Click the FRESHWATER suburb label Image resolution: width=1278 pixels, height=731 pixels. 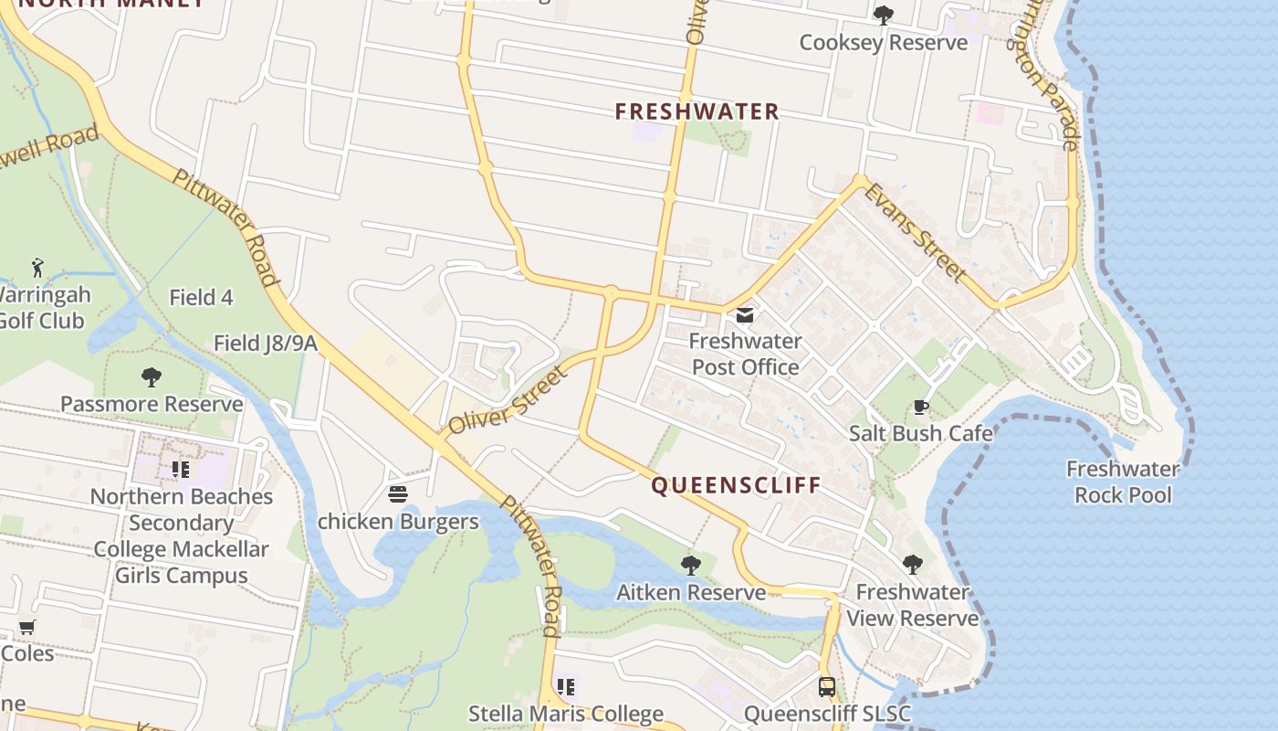point(697,111)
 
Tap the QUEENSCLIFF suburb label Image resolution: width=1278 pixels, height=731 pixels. point(736,484)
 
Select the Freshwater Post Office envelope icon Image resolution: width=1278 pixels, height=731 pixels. point(745,315)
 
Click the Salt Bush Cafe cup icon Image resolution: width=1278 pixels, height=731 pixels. point(921,407)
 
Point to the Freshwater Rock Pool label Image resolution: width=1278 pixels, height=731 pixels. point(1123,482)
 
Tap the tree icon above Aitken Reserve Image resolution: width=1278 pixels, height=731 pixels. point(691,565)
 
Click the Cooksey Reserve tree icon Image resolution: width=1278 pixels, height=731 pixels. point(883,15)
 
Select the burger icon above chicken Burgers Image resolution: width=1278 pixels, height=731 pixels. point(398,494)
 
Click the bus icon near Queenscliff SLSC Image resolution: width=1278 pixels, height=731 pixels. point(827,687)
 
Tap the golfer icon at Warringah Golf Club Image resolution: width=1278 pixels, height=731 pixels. point(37,268)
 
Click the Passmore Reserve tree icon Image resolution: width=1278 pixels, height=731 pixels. point(152,376)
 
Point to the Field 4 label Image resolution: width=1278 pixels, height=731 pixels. point(201,297)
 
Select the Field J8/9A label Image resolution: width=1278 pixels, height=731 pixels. point(265,343)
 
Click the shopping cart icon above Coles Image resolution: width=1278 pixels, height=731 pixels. point(26,628)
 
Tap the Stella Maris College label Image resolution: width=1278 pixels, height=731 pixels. point(565,713)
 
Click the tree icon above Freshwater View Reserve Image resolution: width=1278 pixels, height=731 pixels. point(912,565)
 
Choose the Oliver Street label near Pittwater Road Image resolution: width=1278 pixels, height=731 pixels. point(508,399)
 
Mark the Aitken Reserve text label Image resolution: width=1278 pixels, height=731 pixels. point(691,592)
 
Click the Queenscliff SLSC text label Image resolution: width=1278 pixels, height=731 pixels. point(827,713)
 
